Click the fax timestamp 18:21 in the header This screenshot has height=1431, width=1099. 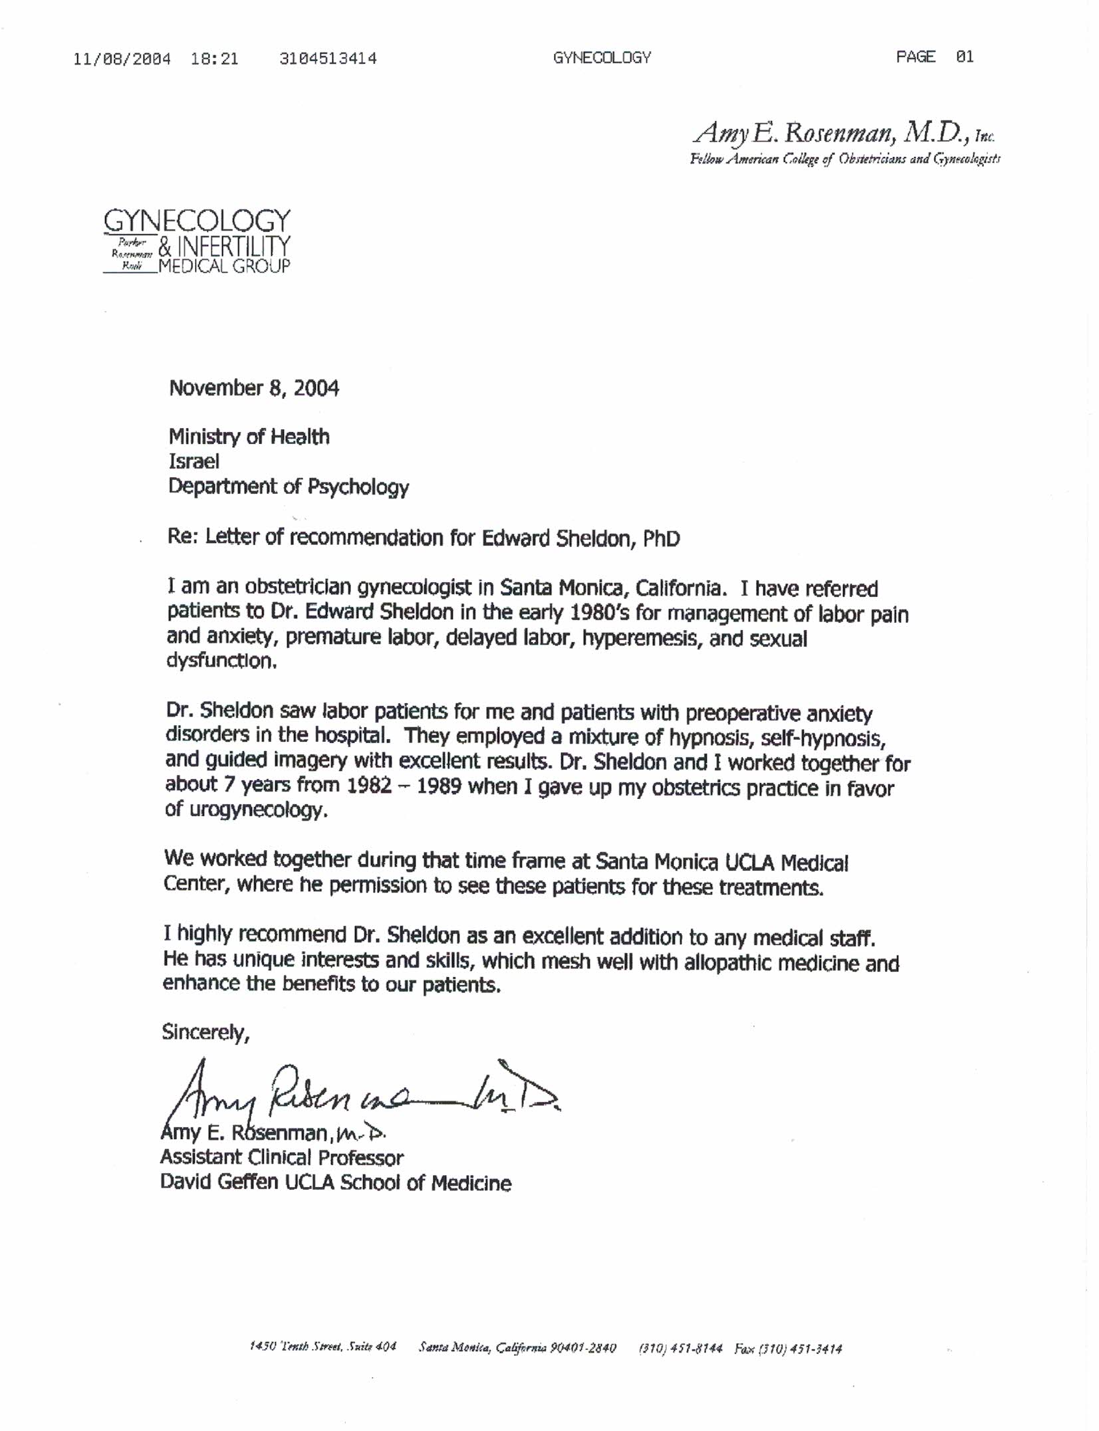tap(214, 58)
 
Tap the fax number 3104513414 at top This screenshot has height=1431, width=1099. tap(328, 58)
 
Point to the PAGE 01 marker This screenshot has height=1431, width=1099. tap(934, 57)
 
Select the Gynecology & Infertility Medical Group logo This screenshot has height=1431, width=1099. tap(197, 241)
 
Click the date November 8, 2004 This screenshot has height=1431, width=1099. tap(254, 388)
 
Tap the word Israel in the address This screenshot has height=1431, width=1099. tap(193, 461)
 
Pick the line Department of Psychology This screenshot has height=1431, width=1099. tap(289, 487)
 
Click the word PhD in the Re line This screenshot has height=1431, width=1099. tap(661, 538)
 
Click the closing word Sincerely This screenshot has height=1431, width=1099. tap(205, 1032)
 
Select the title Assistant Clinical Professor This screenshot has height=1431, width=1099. tap(281, 1158)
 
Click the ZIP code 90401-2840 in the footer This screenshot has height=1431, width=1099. tap(583, 1348)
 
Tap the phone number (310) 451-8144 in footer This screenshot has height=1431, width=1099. tap(679, 1348)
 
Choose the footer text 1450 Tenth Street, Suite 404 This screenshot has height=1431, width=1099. tap(322, 1347)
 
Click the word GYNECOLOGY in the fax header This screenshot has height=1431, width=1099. tap(602, 58)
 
